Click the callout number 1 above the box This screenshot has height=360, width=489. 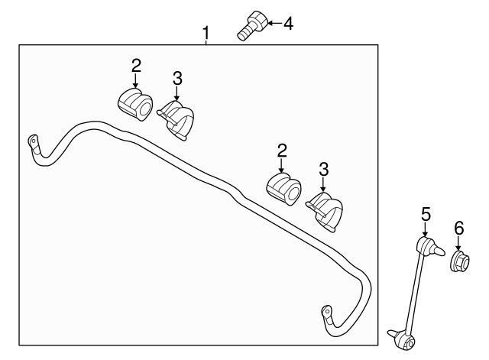(206, 33)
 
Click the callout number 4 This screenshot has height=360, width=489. (289, 24)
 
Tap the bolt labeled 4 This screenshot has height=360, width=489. (253, 25)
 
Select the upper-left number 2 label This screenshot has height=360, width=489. (136, 66)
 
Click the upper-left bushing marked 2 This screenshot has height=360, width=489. (135, 104)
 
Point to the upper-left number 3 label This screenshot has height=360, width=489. (177, 79)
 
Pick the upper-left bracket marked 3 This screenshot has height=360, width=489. (176, 121)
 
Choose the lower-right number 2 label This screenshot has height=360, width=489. (282, 151)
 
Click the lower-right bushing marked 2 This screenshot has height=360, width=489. (283, 189)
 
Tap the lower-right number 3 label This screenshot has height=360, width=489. (324, 170)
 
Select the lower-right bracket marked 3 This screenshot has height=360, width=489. (324, 212)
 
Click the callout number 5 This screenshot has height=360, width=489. (426, 215)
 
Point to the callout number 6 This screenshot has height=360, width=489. (458, 229)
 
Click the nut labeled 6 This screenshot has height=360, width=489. (460, 261)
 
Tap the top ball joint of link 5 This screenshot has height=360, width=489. (429, 246)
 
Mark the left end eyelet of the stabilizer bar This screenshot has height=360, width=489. (33, 140)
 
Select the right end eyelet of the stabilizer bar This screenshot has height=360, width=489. (326, 311)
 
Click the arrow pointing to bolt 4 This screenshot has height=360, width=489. (274, 23)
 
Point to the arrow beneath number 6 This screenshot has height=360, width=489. (458, 243)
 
